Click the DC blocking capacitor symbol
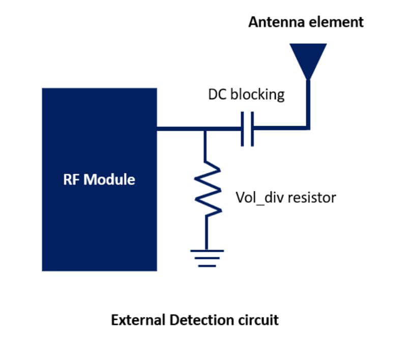(247, 129)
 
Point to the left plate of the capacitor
(243, 129)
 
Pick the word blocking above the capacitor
(257, 95)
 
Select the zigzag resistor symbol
(206, 188)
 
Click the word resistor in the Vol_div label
(312, 197)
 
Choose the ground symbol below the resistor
(206, 257)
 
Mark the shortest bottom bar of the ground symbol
(206, 265)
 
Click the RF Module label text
(99, 179)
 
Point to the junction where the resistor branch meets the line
(206, 129)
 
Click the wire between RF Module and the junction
(181, 129)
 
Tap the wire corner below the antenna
(308, 127)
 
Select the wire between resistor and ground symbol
(206, 231)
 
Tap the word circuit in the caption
(259, 320)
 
